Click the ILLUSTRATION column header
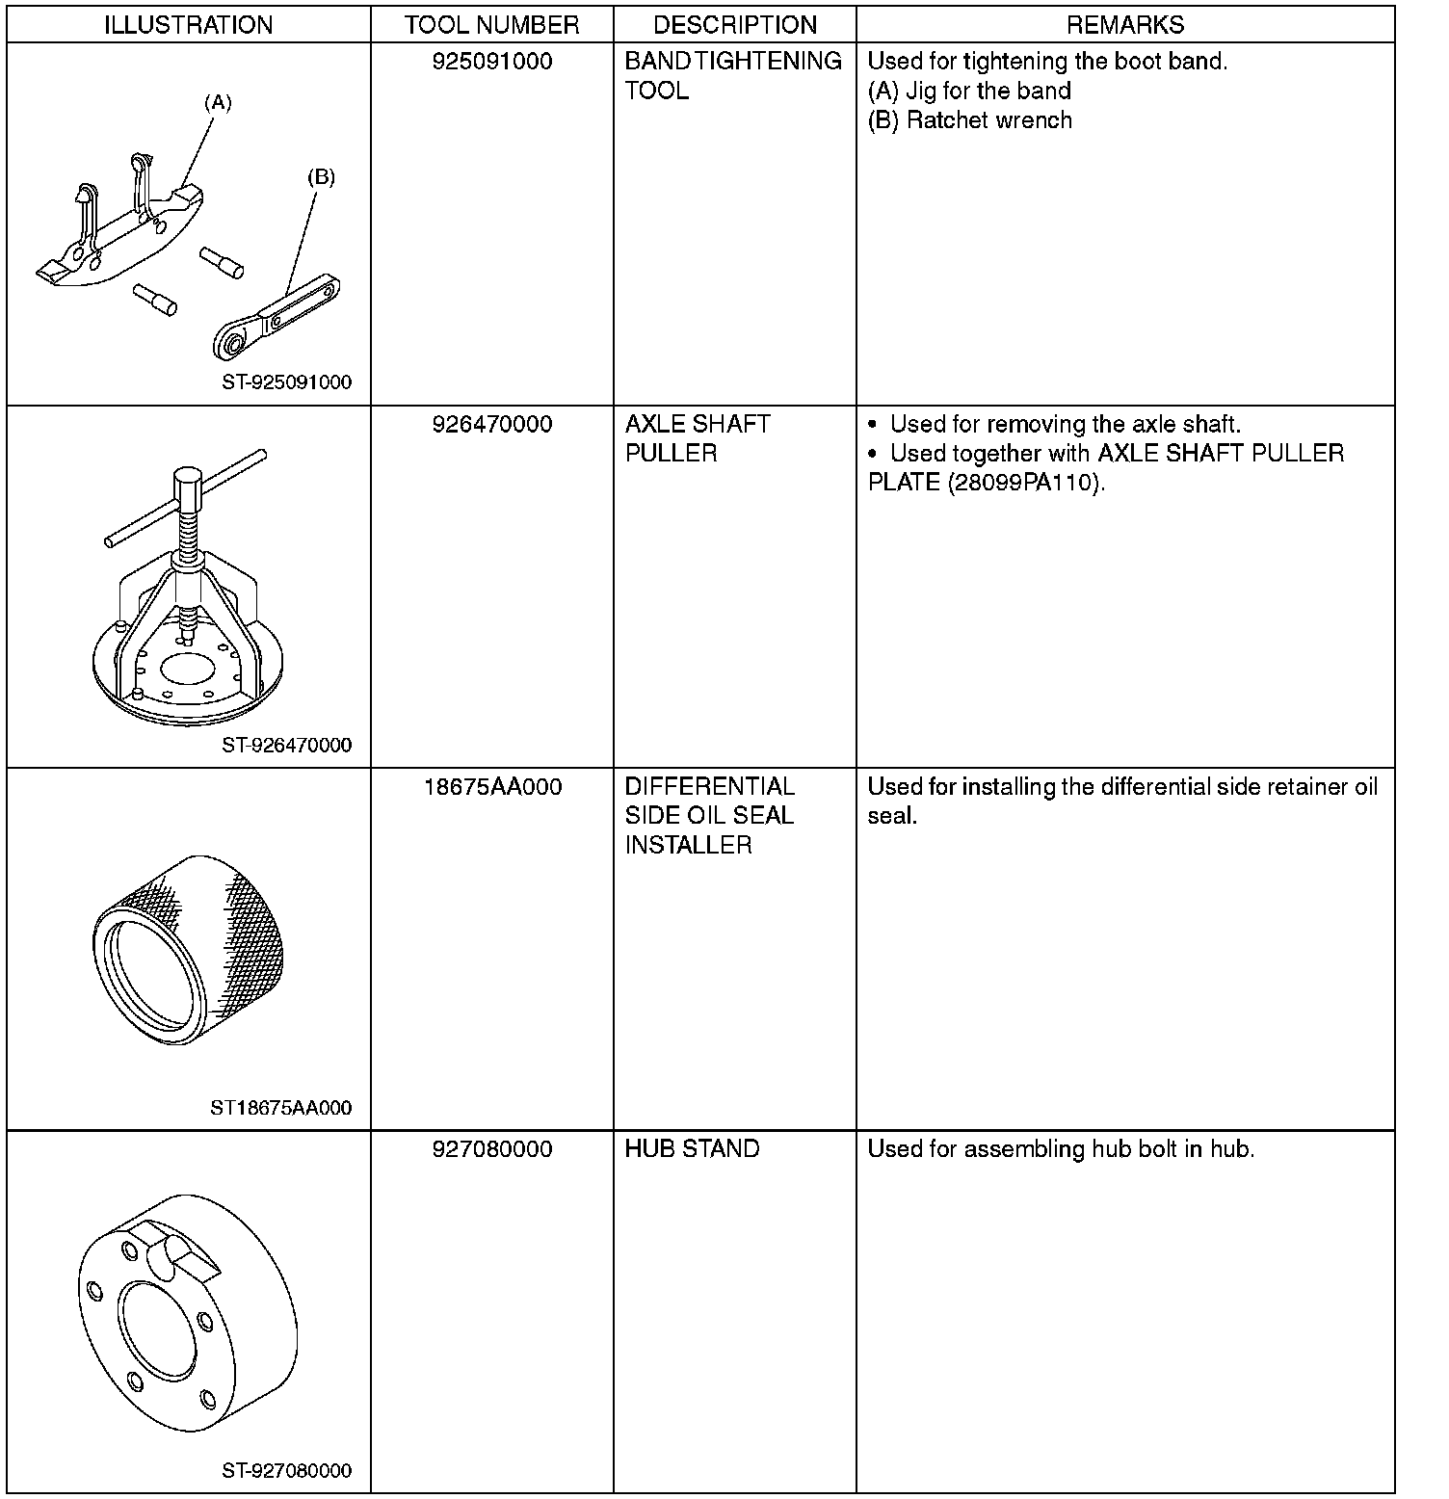pos(188,25)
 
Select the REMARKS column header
pos(1124,25)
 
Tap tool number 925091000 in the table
pos(492,62)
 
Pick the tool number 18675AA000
pos(492,787)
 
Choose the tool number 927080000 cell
pos(492,1149)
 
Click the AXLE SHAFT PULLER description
pos(697,438)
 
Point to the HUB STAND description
pos(692,1149)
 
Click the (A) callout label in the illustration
pos(218,102)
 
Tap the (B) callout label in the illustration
pos(321,177)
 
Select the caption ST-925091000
pos(286,382)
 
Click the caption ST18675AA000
pos(280,1108)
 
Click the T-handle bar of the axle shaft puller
pos(183,499)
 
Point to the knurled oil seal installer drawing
pos(189,948)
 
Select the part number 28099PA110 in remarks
pos(1025,483)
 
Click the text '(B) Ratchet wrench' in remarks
pos(969,120)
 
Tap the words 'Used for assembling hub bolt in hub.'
pos(1061,1149)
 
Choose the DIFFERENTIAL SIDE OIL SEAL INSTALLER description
pos(709,816)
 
